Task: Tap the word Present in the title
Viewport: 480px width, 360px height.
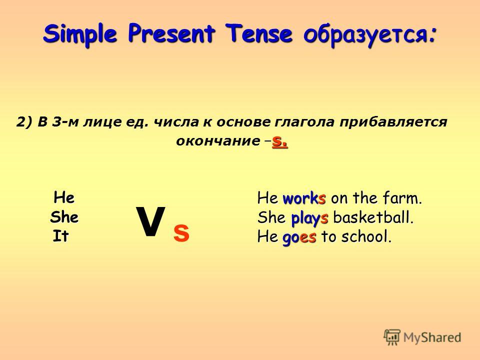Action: click(x=171, y=33)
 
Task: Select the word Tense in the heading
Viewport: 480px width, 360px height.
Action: click(x=258, y=33)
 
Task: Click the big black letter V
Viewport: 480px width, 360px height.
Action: click(x=150, y=221)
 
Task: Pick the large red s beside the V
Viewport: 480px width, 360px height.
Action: click(x=181, y=233)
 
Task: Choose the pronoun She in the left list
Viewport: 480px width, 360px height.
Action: click(x=64, y=217)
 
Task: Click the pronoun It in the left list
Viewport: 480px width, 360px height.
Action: click(x=60, y=236)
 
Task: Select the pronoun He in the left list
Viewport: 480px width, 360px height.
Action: click(x=64, y=197)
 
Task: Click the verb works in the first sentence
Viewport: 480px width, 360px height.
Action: click(x=304, y=198)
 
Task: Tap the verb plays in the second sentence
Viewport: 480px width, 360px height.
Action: click(x=309, y=218)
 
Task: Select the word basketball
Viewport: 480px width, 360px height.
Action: click(x=373, y=217)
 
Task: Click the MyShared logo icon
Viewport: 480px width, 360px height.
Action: click(x=392, y=337)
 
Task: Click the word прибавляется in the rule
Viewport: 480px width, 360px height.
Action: click(x=393, y=122)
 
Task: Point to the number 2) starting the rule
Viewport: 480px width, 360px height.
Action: click(x=24, y=122)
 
